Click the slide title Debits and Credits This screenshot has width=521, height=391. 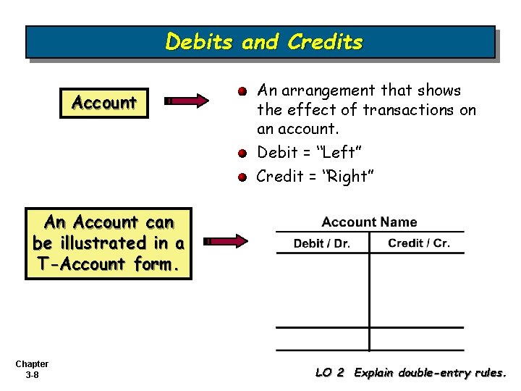(x=263, y=42)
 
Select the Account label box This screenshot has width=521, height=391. (x=104, y=102)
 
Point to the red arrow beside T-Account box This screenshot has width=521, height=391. (x=226, y=241)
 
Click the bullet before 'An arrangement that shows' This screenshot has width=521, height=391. (x=244, y=92)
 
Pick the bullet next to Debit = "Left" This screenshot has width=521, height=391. (x=244, y=153)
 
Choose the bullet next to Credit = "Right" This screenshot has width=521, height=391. (x=244, y=176)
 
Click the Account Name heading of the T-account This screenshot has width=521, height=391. (x=369, y=222)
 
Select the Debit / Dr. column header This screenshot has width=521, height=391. (x=321, y=243)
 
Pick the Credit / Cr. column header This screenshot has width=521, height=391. (x=418, y=243)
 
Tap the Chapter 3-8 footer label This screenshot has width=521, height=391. (x=32, y=369)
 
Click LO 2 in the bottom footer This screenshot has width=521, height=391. (x=329, y=373)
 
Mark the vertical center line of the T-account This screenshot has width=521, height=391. (x=369, y=297)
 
